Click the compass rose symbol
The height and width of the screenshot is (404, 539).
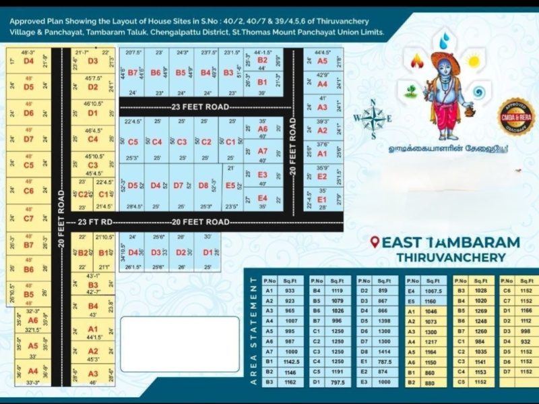(x=373, y=119)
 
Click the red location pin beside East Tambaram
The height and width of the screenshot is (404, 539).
(x=375, y=242)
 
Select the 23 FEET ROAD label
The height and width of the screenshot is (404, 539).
(x=200, y=107)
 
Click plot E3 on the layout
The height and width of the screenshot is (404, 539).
(x=263, y=174)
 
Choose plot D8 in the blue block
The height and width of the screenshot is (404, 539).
(x=204, y=185)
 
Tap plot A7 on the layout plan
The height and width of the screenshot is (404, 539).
(x=263, y=151)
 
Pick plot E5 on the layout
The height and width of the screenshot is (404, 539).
(x=230, y=185)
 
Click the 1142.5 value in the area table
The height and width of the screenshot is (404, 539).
(x=292, y=362)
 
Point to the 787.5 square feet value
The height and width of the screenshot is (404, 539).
(x=385, y=362)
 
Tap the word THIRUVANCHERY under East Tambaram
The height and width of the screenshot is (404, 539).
(x=451, y=258)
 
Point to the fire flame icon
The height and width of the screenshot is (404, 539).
(x=417, y=61)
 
